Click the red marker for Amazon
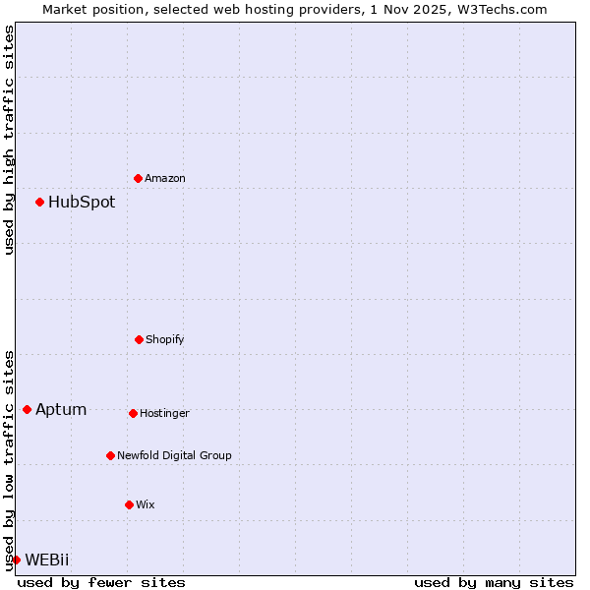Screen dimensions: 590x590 (x=139, y=178)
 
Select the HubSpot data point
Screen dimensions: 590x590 (x=40, y=202)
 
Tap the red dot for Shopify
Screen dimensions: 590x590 (x=139, y=339)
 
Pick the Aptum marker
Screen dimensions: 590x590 (x=28, y=409)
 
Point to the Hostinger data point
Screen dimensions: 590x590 (x=133, y=413)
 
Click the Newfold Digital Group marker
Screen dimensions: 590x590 (x=110, y=455)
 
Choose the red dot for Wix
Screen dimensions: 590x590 (x=129, y=504)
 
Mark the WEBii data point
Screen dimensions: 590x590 (x=17, y=560)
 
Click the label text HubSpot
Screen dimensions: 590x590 (x=82, y=203)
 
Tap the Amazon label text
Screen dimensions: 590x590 (x=165, y=179)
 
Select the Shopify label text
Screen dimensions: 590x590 (x=165, y=340)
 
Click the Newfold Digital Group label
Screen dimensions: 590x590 (x=174, y=456)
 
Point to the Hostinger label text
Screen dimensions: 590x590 (x=164, y=414)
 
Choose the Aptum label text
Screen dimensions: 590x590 (x=61, y=410)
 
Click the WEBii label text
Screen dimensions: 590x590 (x=47, y=560)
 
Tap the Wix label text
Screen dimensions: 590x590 (x=146, y=505)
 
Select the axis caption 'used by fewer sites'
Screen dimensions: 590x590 (x=101, y=582)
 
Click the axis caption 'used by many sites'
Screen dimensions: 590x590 (x=494, y=582)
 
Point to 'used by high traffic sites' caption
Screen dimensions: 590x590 (x=9, y=140)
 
